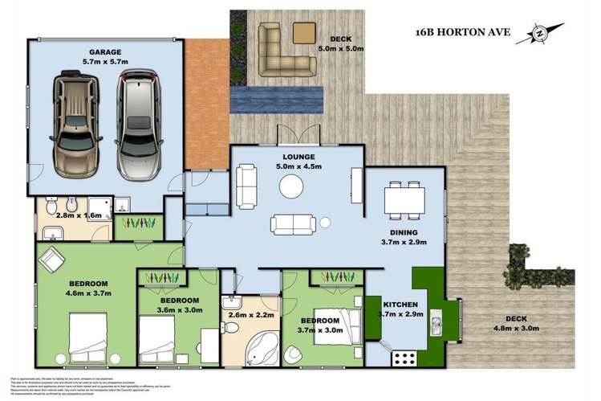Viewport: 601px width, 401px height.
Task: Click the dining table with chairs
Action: click(x=404, y=198)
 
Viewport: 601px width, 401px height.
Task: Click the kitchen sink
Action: click(x=437, y=324)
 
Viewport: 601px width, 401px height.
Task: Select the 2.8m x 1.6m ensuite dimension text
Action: click(x=78, y=215)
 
